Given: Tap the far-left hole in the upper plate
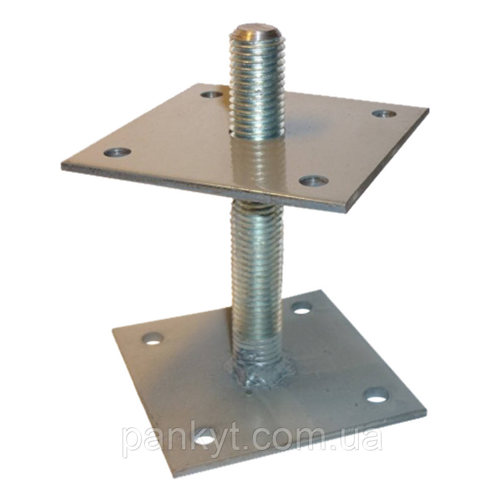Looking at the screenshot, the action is coord(117,152).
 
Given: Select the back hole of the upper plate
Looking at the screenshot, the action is coord(212,95).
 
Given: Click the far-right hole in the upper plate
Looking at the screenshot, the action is coord(384,113).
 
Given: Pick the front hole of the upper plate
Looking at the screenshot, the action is coord(313,181).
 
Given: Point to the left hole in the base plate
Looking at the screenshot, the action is coord(153,339).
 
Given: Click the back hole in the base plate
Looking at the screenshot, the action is coord(301,307).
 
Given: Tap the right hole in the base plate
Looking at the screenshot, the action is coord(377,395).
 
